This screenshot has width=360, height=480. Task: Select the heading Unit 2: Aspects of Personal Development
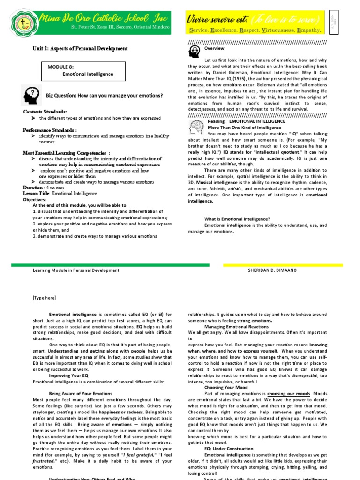coord(80,48)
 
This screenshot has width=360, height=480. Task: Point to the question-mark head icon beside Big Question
coord(31,95)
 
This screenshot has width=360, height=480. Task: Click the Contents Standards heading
coord(45,112)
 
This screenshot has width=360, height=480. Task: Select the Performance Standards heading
coord(50,129)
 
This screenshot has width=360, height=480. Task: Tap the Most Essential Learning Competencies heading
coord(67,153)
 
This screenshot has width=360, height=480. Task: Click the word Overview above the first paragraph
coord(214,48)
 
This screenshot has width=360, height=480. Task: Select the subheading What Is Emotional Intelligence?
coord(237,219)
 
